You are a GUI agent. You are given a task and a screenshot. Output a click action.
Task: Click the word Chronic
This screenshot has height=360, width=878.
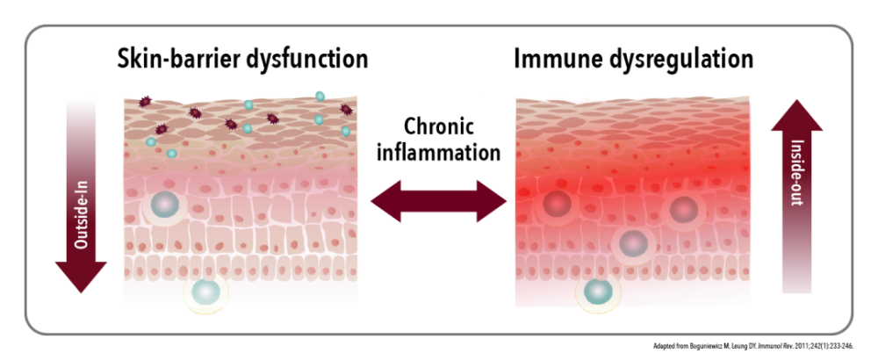pyautogui.click(x=439, y=126)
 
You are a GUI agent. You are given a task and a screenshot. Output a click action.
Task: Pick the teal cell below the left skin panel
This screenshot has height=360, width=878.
pyautogui.click(x=206, y=292)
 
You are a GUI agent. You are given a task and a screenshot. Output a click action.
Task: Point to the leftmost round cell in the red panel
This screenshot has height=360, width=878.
pyautogui.click(x=557, y=205)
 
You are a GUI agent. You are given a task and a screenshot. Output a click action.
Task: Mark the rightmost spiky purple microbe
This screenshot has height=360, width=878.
pyautogui.click(x=345, y=110)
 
